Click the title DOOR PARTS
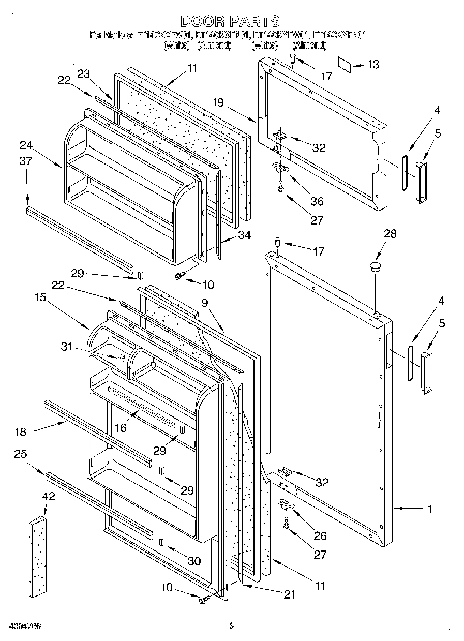coord(231,21)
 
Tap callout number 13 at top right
coord(372,64)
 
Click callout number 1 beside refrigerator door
coord(429,509)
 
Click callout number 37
coord(26,161)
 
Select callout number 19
coord(217,102)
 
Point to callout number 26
coord(320,536)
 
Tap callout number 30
coord(194,560)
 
